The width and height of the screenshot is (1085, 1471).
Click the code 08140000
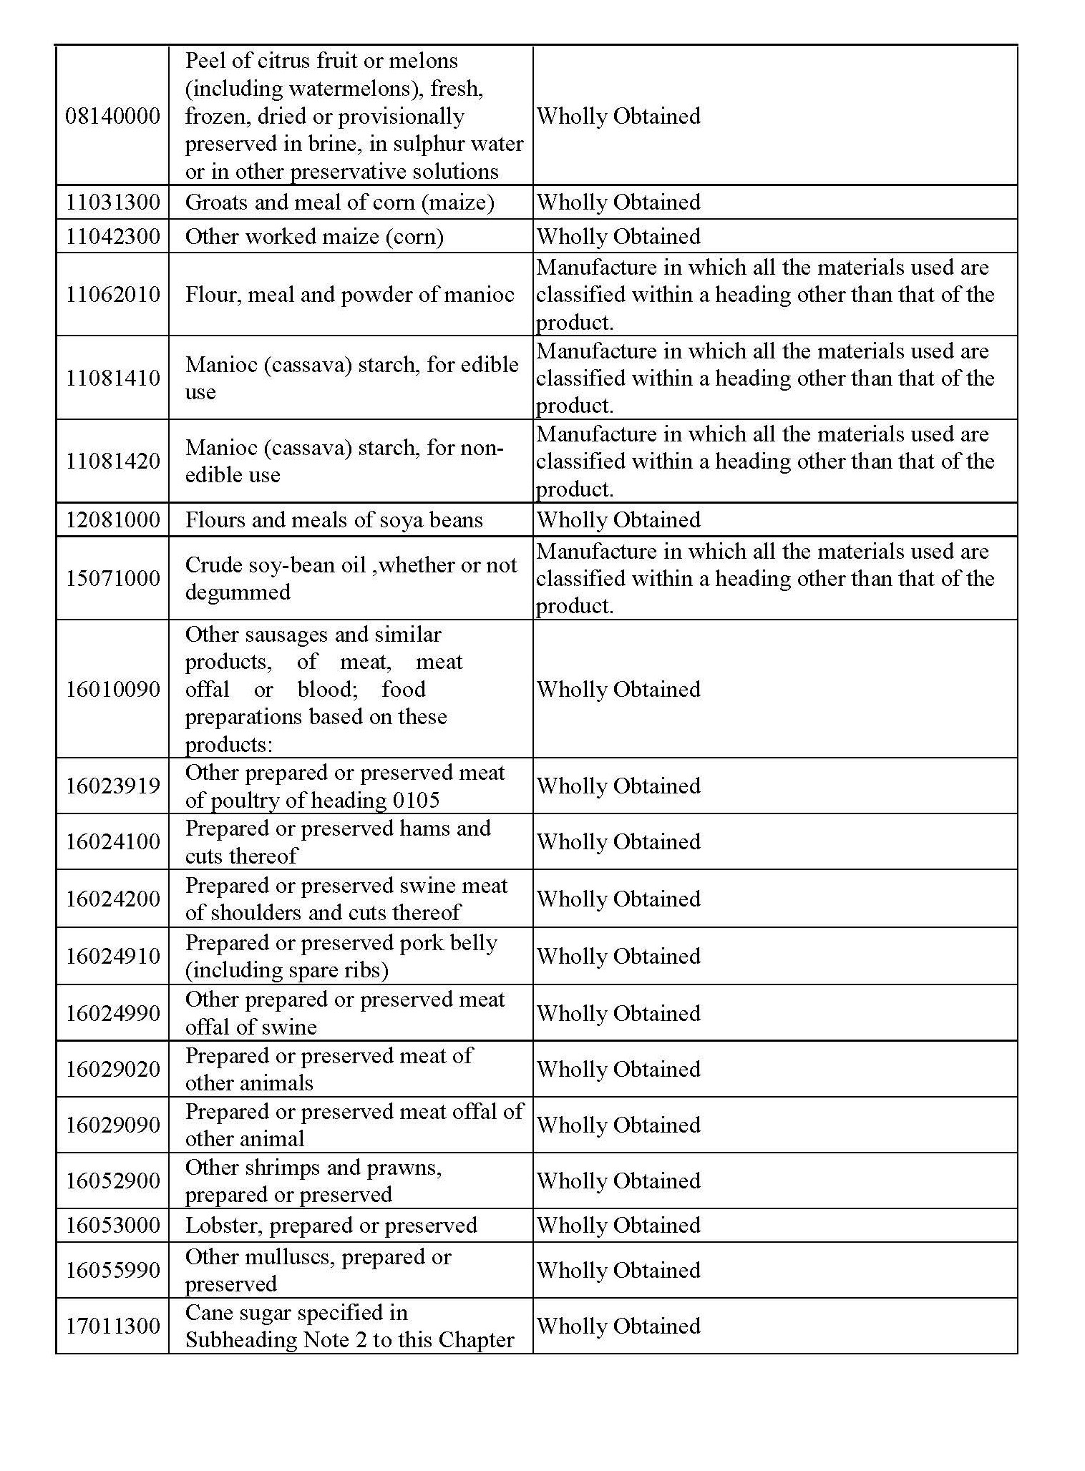click(113, 116)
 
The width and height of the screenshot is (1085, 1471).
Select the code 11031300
click(113, 202)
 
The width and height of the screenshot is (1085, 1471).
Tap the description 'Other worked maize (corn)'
click(314, 237)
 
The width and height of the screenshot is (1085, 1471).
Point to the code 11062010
click(113, 294)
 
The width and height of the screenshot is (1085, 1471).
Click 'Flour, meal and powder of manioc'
click(349, 294)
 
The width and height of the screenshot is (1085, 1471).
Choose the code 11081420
click(113, 461)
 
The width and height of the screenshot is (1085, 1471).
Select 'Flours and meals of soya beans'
click(334, 520)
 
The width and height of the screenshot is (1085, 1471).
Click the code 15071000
click(113, 578)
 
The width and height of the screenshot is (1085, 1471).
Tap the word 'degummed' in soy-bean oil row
click(238, 592)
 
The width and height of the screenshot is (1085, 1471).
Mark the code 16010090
click(113, 689)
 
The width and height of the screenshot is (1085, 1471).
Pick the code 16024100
click(113, 841)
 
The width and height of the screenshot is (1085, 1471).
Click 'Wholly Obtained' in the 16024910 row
click(618, 956)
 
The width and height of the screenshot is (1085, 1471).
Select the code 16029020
click(113, 1069)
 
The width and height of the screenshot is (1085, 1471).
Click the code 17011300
click(113, 1326)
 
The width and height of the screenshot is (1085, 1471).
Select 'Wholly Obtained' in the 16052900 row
click(618, 1181)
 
